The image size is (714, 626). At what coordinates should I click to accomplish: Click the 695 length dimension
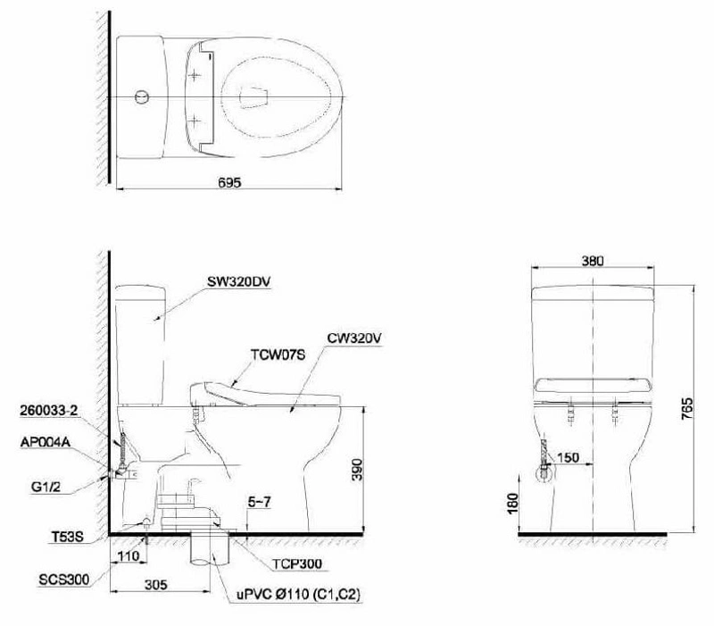tap(229, 182)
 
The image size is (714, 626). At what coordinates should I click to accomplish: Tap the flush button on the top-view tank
tap(142, 97)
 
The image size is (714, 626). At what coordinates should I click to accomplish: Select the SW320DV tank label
tap(238, 281)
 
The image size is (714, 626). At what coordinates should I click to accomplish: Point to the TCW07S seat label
tap(278, 355)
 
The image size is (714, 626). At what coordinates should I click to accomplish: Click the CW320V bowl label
tap(353, 338)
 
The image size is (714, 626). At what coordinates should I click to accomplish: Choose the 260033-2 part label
tap(49, 411)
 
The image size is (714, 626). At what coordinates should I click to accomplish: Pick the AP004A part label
tap(46, 441)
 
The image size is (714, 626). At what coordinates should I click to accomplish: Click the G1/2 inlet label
tap(46, 487)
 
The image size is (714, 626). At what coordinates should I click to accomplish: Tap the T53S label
tap(67, 537)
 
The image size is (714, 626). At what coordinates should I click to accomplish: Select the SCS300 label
tap(63, 580)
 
